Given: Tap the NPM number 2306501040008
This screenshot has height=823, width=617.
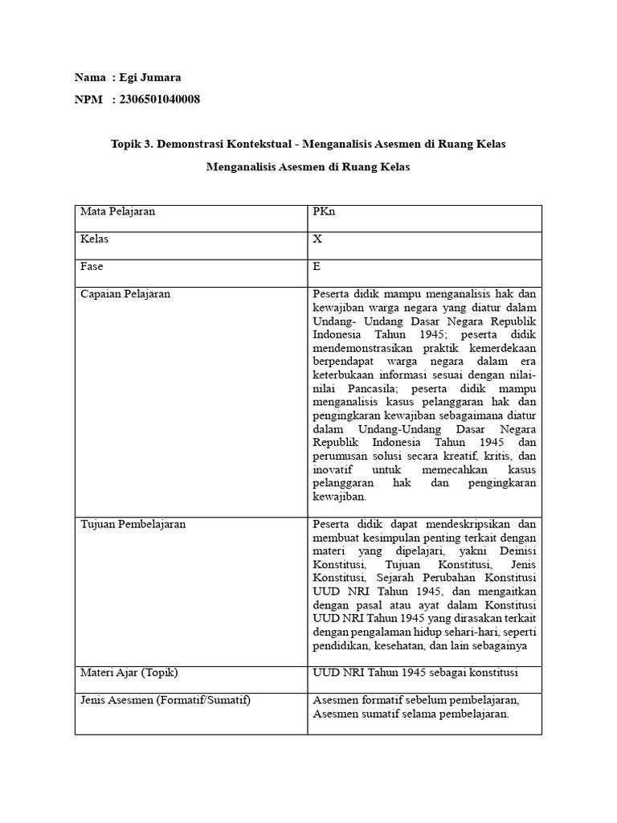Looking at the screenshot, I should pyautogui.click(x=160, y=100).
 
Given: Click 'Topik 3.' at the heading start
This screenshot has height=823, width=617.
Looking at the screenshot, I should pyautogui.click(x=131, y=144).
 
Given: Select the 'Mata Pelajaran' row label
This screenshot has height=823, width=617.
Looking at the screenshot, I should pyautogui.click(x=117, y=212).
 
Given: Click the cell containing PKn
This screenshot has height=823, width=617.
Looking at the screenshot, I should pyautogui.click(x=322, y=212).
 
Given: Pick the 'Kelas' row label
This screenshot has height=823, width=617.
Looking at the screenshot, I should pyautogui.click(x=95, y=240).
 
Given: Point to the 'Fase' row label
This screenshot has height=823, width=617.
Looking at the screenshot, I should pyautogui.click(x=92, y=266).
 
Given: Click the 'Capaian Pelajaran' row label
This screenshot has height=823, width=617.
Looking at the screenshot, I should pyautogui.click(x=125, y=294).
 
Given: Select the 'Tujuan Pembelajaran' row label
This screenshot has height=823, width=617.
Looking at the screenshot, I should pyautogui.click(x=133, y=524).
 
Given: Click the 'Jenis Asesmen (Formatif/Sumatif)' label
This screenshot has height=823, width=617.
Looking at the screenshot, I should pyautogui.click(x=165, y=701).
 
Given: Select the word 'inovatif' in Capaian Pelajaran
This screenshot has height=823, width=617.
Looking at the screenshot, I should pyautogui.click(x=331, y=470).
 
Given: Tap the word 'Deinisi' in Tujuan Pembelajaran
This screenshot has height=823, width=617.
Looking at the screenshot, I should pyautogui.click(x=518, y=551).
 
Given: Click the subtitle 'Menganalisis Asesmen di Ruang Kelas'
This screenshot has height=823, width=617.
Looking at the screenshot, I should pyautogui.click(x=308, y=168).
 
